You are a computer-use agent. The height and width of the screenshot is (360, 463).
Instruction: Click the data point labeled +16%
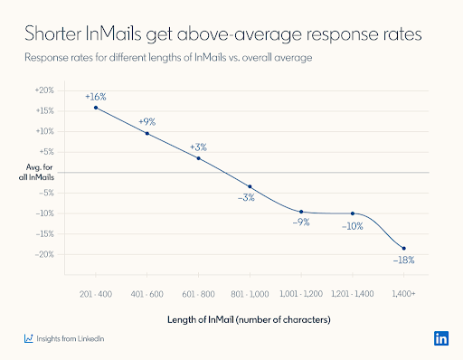click(96, 108)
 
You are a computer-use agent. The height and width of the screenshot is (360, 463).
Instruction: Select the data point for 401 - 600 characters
click(147, 134)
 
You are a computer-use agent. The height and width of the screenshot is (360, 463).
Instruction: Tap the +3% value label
click(198, 147)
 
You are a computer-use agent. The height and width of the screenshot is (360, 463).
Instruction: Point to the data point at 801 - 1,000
click(250, 186)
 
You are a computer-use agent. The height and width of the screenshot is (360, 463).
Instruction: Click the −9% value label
click(300, 223)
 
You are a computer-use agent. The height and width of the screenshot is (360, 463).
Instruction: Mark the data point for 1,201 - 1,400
click(353, 213)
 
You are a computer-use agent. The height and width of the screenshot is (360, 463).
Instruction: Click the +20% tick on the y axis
click(43, 90)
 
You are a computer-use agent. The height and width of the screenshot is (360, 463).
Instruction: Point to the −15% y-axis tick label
click(43, 234)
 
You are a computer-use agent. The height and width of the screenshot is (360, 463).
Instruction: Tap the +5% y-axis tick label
click(45, 152)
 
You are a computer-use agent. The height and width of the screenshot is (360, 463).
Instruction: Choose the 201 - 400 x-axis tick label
click(96, 295)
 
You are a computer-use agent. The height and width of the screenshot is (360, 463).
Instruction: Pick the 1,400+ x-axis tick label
click(403, 295)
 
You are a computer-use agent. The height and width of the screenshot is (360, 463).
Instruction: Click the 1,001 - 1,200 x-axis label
click(301, 295)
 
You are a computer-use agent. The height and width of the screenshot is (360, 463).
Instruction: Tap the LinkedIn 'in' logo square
click(441, 339)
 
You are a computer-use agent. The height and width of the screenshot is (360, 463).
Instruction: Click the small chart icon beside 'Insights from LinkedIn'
click(29, 339)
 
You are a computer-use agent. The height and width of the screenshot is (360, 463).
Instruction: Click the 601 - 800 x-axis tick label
click(198, 295)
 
